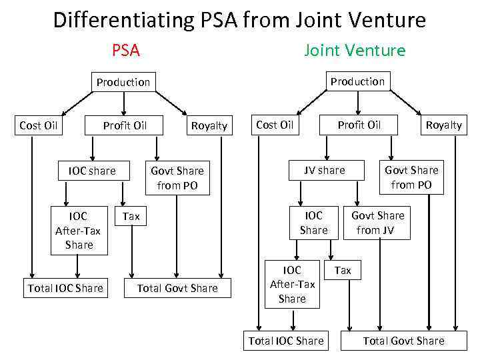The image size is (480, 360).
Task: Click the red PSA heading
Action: point(125,51)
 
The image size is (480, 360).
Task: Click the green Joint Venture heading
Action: point(355,51)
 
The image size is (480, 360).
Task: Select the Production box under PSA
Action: point(123,82)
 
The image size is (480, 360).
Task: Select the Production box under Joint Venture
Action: point(358,81)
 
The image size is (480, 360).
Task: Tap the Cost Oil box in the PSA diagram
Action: point(39,125)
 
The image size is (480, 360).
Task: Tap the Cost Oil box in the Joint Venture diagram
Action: point(275,125)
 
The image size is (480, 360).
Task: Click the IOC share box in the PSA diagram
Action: point(92,171)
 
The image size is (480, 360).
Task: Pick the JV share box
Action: point(325,170)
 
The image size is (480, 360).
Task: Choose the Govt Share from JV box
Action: point(378,223)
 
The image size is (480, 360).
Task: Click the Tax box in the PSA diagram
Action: point(131,217)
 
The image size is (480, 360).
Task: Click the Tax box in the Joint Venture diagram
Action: point(343,270)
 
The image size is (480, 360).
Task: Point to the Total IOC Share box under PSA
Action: point(65,288)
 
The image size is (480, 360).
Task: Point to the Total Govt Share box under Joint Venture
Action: point(403,341)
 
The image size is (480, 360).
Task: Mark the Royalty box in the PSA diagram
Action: point(209,125)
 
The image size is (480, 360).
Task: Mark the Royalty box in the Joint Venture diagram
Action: point(444,125)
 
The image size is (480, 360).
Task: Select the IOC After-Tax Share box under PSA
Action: point(79,231)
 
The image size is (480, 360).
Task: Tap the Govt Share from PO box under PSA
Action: point(177,178)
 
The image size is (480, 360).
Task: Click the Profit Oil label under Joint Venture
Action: point(359,125)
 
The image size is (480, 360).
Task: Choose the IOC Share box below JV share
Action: point(313,223)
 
